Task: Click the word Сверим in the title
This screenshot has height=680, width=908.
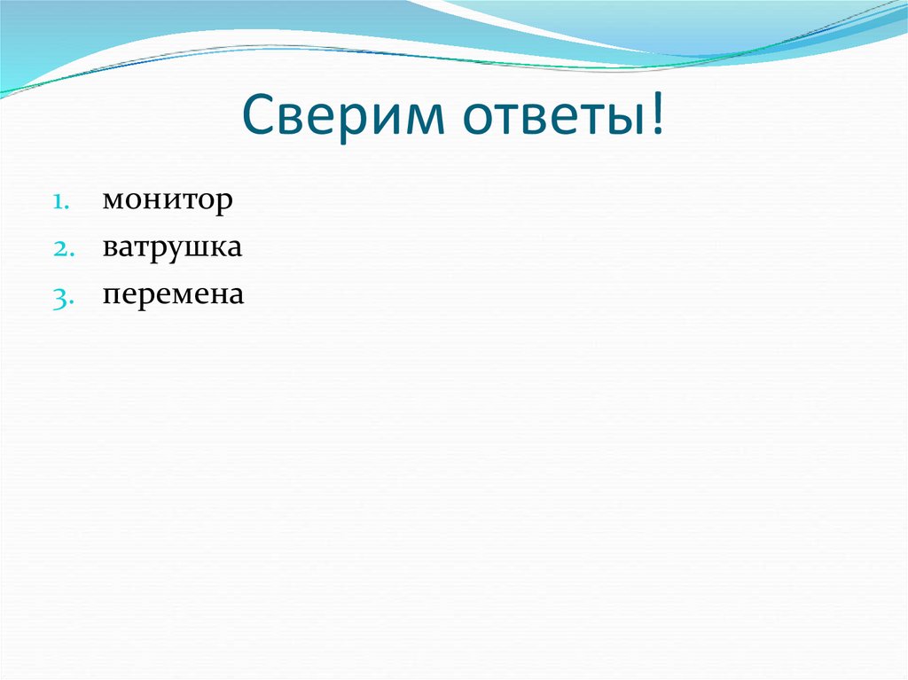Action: click(332, 119)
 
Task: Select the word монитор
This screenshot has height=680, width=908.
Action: click(168, 201)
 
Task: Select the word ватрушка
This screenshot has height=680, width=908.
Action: click(172, 248)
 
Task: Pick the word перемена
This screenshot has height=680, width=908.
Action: click(172, 294)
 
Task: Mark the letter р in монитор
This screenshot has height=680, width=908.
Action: click(225, 204)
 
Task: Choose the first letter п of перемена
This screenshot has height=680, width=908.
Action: click(110, 295)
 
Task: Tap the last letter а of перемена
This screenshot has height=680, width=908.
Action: click(235, 295)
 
